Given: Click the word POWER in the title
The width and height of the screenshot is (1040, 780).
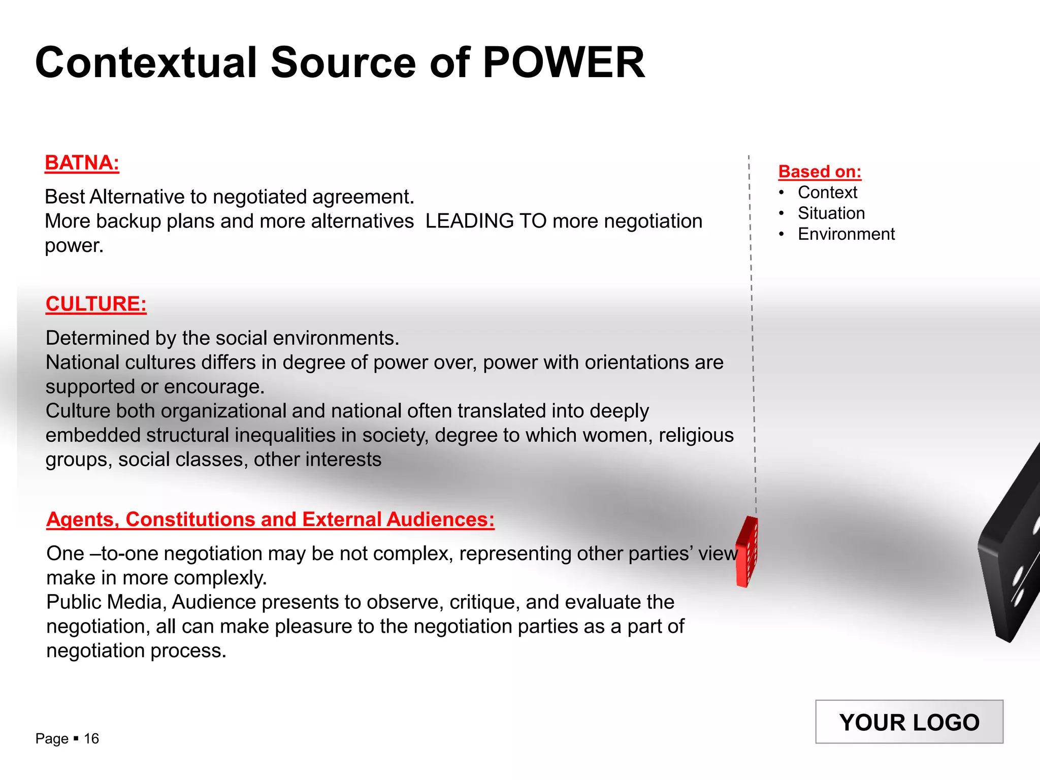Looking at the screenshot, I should pos(563,62).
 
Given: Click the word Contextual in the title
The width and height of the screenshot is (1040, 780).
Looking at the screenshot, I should pos(146,62).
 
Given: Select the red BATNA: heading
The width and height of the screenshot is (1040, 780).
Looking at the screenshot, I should pos(82,163).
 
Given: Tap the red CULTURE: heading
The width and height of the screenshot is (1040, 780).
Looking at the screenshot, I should pos(96,304).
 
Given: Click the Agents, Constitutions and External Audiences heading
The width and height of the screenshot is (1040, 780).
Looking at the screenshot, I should pos(270,519).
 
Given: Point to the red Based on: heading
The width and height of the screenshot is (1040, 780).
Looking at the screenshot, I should pos(820,172).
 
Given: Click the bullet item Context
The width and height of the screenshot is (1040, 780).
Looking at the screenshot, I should pos(827,192).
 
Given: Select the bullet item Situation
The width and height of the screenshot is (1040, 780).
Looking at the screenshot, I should pos(831,213).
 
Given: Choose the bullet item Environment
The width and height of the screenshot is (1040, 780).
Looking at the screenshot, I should pos(846,234).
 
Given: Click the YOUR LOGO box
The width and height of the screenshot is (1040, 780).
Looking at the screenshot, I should pos(909,722).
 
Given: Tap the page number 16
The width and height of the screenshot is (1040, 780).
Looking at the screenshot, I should pos(91,738).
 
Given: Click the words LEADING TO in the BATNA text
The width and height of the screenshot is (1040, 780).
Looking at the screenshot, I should pos(485,221).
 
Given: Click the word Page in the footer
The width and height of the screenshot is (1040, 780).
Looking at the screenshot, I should pos(52,738).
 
